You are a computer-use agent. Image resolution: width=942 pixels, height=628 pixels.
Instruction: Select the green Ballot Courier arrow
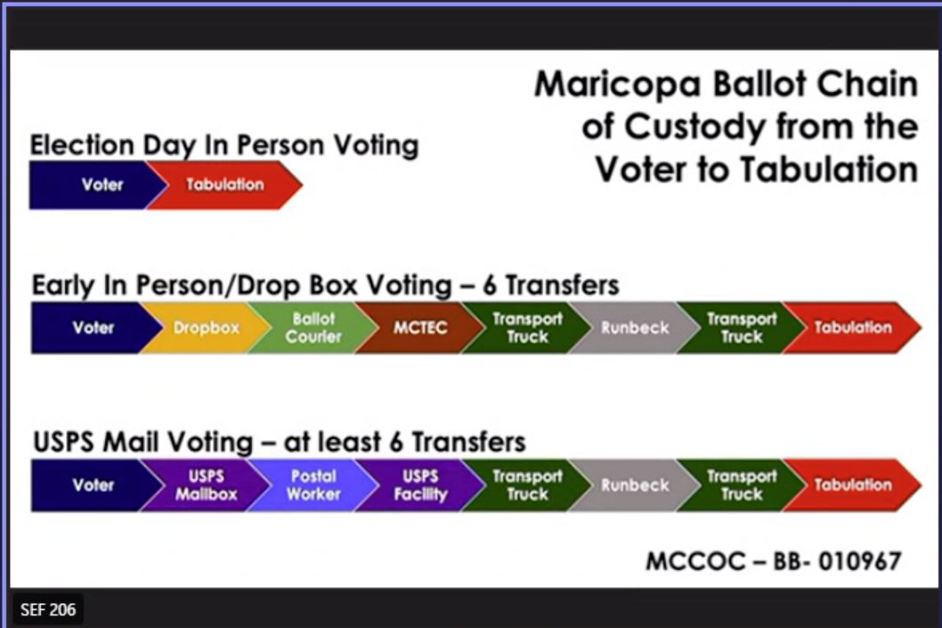(313, 328)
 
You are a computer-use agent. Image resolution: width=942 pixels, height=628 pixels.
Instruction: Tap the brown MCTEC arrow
(420, 328)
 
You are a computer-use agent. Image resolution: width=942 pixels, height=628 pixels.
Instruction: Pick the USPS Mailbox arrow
(206, 485)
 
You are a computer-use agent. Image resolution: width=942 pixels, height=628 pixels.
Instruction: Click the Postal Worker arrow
(313, 485)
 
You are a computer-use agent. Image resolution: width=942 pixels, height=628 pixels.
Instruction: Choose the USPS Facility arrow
(420, 485)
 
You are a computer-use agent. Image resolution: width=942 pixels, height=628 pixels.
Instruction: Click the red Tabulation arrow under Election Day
(224, 184)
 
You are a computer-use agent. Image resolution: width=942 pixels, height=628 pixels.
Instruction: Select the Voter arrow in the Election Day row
(96, 184)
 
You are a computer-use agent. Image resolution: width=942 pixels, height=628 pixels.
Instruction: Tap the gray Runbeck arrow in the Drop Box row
(635, 328)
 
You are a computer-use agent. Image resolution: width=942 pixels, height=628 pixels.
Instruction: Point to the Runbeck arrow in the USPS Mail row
(635, 485)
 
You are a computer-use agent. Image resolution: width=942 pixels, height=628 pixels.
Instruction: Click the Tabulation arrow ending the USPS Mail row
(852, 485)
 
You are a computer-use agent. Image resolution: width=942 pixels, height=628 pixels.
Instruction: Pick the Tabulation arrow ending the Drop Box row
(852, 328)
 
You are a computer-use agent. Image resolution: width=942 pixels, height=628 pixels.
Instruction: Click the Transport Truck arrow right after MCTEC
(527, 328)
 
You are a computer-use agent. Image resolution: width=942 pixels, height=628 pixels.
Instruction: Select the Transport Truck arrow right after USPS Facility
(527, 485)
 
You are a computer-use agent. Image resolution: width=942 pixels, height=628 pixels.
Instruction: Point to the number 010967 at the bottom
(860, 561)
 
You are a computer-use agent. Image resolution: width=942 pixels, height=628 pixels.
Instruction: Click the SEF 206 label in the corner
(48, 610)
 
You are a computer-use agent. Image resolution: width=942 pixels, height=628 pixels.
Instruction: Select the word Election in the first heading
(82, 145)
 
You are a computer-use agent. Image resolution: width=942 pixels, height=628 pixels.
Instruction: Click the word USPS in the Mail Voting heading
(63, 442)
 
